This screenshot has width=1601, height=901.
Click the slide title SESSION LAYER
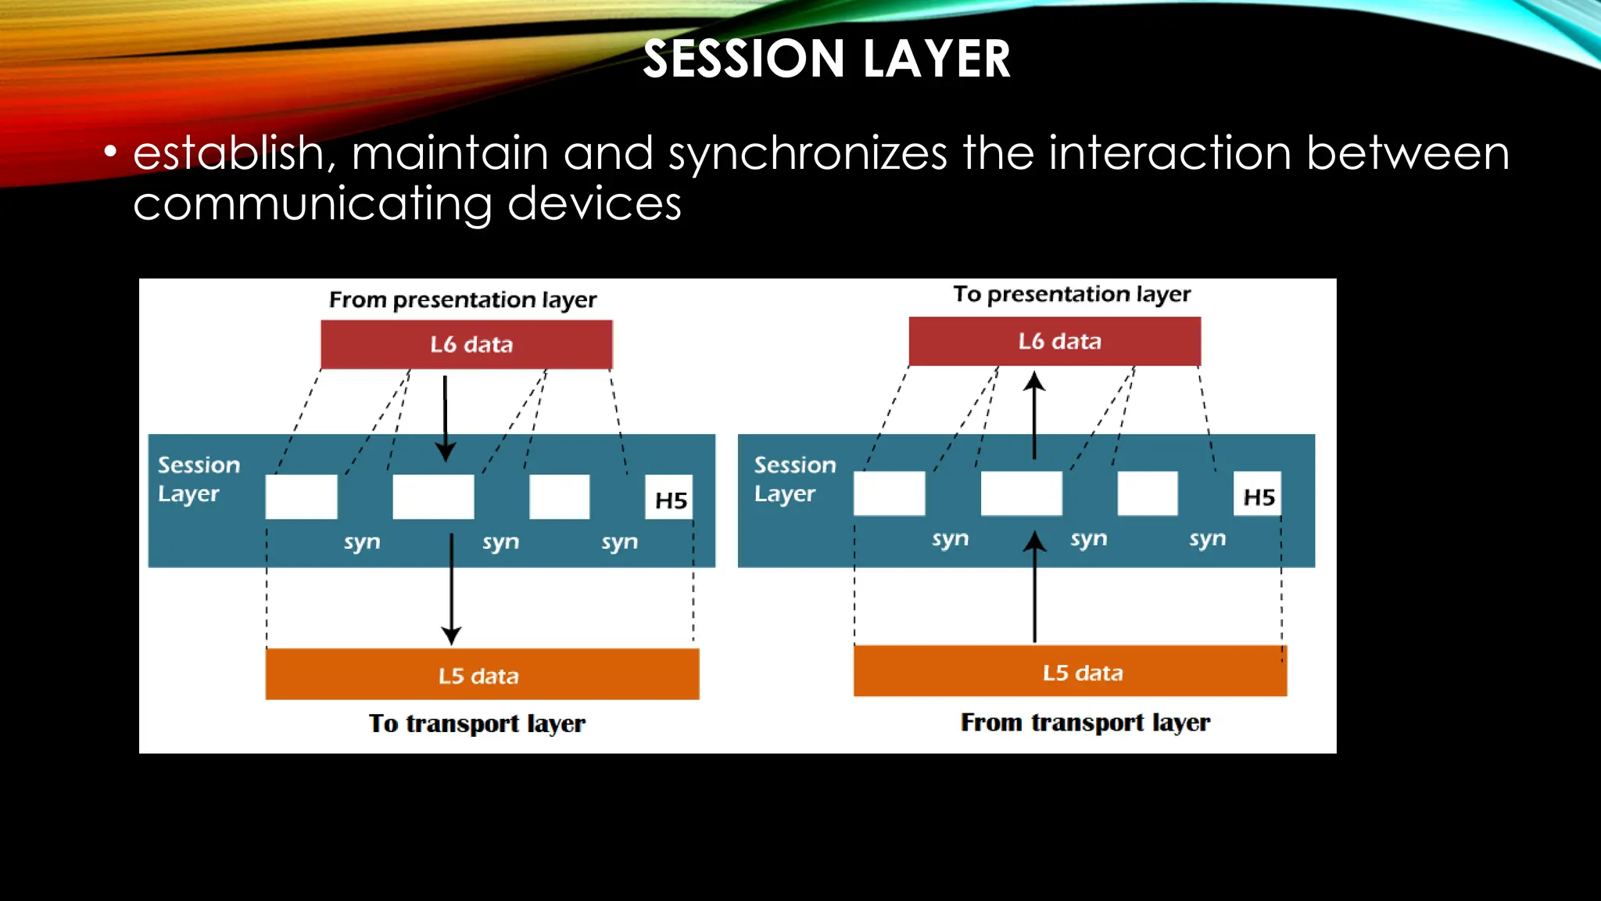point(826,59)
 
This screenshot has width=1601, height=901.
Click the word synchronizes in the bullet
point(808,153)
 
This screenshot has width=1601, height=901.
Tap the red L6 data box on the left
point(467,344)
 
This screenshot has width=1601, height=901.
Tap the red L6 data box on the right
point(1055,341)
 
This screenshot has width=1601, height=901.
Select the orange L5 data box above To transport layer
point(482,674)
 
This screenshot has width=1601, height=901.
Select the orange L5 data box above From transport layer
point(1069,671)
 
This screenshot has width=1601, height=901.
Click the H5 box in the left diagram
point(670,498)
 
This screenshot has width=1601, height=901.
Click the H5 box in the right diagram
point(1258,495)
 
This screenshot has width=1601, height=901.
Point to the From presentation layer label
point(463,300)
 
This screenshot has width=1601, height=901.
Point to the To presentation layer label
point(1071,294)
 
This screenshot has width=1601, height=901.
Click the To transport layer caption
point(477,723)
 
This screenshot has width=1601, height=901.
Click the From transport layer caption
point(1085,722)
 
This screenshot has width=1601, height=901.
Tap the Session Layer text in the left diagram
point(199,479)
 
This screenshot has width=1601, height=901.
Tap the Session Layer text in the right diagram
point(794,479)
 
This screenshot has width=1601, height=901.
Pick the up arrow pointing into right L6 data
point(1034,415)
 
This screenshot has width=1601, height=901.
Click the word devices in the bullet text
point(594,204)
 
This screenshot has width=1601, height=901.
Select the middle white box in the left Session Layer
point(433,497)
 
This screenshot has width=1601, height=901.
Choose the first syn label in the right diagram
point(950,539)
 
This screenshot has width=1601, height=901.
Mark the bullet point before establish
point(110,151)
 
